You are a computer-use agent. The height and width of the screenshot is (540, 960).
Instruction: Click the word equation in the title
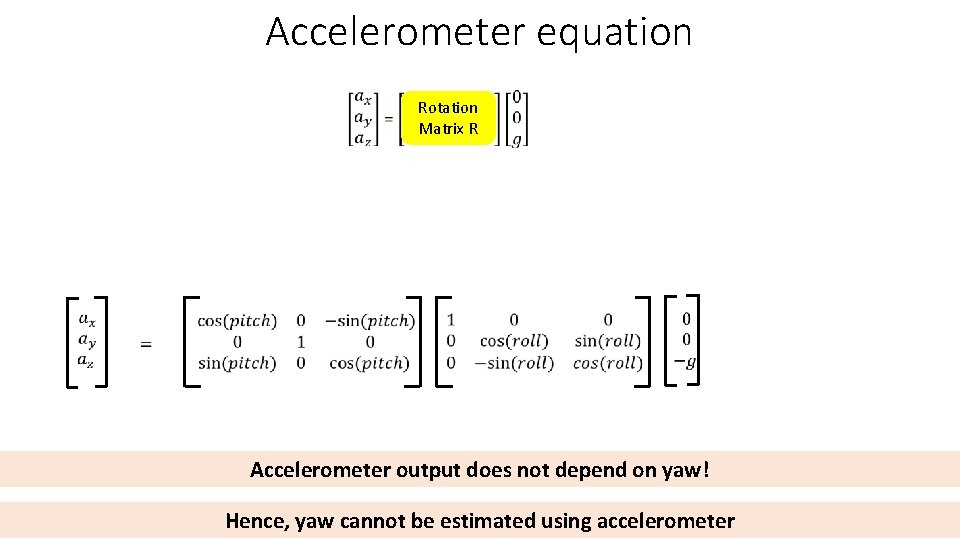click(614, 32)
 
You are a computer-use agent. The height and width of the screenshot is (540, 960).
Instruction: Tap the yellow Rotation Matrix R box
click(448, 118)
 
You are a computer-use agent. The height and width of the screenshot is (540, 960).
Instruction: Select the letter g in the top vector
click(516, 139)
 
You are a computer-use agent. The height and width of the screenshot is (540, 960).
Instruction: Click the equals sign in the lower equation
click(146, 344)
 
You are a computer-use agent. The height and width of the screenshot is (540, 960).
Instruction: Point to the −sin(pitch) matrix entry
click(369, 321)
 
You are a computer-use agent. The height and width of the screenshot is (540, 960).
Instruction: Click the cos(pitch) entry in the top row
click(237, 321)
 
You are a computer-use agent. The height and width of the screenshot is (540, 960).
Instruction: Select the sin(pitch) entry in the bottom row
click(237, 363)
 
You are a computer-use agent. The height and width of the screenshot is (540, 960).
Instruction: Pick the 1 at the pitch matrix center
click(301, 342)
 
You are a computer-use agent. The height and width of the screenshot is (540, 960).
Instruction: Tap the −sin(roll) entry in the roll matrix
click(513, 363)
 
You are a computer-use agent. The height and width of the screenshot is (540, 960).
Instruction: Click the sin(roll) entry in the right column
click(608, 342)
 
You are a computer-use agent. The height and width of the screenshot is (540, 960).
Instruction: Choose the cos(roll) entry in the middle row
click(513, 342)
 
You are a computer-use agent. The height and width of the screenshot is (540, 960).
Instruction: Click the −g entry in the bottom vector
click(685, 362)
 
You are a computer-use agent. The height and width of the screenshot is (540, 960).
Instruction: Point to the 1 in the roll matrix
click(451, 320)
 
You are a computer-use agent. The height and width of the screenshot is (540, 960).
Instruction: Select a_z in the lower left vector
click(87, 363)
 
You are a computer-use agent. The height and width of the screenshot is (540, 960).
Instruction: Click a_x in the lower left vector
click(87, 320)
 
